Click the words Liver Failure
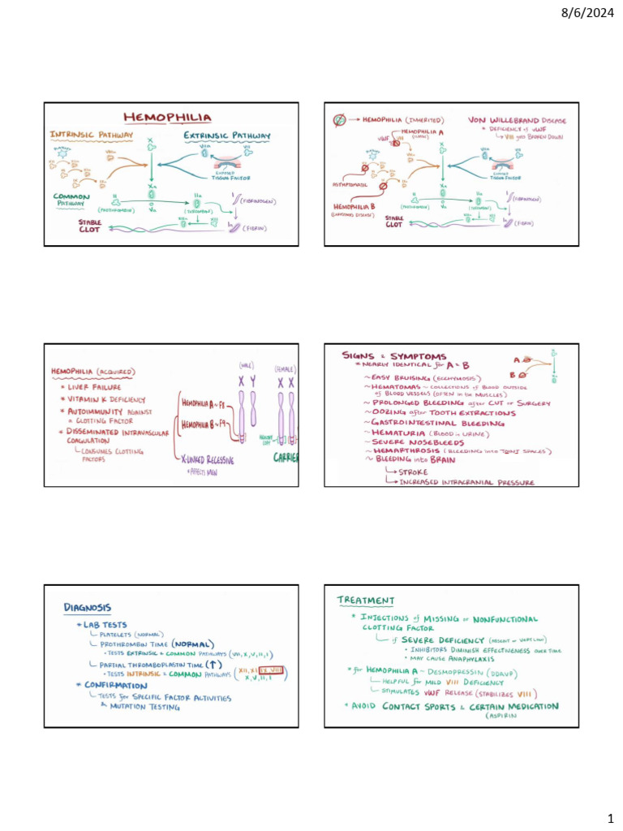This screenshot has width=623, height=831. (x=94, y=388)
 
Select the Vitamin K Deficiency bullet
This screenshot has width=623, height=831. (x=105, y=399)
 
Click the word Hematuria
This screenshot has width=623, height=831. (x=395, y=434)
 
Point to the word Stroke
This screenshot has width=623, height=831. (x=414, y=471)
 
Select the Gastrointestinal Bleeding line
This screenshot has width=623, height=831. (x=437, y=423)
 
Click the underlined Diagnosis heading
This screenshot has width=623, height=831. (x=88, y=606)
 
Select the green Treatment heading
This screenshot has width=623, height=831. (x=366, y=601)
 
